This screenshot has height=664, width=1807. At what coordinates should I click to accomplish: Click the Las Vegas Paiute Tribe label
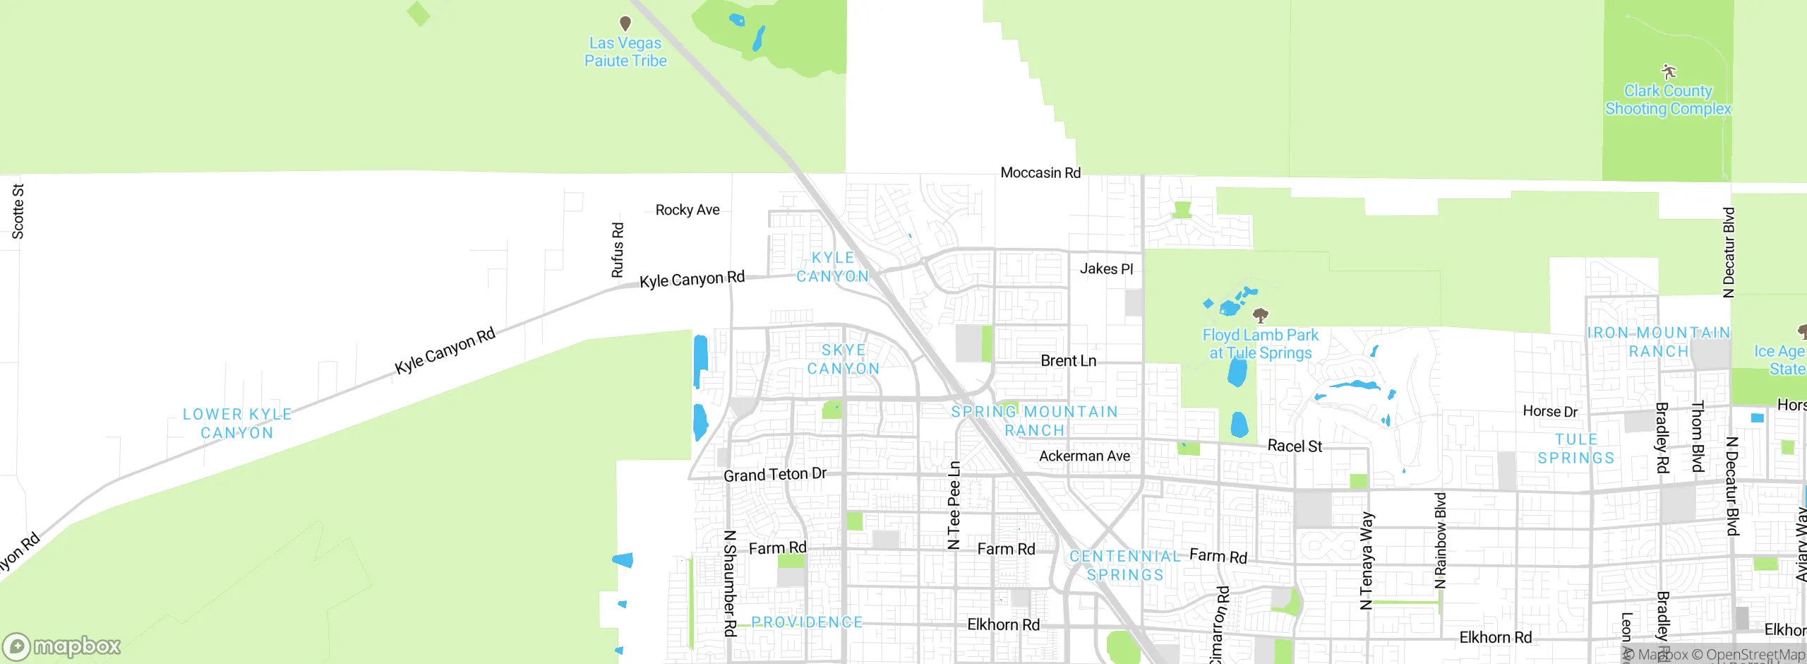point(625,52)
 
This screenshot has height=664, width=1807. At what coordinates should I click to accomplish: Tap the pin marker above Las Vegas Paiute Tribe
point(625,23)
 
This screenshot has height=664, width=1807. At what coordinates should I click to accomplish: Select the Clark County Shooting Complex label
point(1668,100)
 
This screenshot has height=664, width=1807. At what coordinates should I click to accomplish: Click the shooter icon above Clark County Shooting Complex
point(1669,71)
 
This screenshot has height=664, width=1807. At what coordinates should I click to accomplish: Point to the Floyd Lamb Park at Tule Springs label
point(1261,344)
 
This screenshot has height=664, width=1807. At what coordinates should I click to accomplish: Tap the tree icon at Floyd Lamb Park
point(1261,314)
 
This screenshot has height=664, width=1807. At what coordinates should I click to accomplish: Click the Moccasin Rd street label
point(1040,172)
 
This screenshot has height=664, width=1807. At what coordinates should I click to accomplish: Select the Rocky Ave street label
point(688,210)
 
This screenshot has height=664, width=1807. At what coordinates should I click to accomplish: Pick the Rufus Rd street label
point(618,250)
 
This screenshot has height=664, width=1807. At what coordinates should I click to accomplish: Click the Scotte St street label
point(18,211)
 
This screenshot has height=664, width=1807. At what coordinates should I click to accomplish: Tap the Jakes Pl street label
point(1106,268)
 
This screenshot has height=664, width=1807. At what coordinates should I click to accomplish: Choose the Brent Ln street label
point(1069,360)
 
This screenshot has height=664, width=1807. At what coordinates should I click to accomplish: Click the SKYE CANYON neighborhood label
point(844,360)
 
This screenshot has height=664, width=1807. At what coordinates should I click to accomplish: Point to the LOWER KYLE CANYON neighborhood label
point(237,423)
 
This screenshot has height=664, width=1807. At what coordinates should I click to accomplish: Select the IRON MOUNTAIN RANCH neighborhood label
point(1659,342)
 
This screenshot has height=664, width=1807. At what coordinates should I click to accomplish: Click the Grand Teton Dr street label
point(775,475)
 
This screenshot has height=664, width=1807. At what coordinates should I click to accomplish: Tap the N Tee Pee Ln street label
point(954,505)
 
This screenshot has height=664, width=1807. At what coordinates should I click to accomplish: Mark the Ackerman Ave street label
point(1084,456)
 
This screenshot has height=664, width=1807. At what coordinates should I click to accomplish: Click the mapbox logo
point(62,646)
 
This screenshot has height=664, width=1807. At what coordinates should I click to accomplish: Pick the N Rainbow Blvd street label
point(1441,540)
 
